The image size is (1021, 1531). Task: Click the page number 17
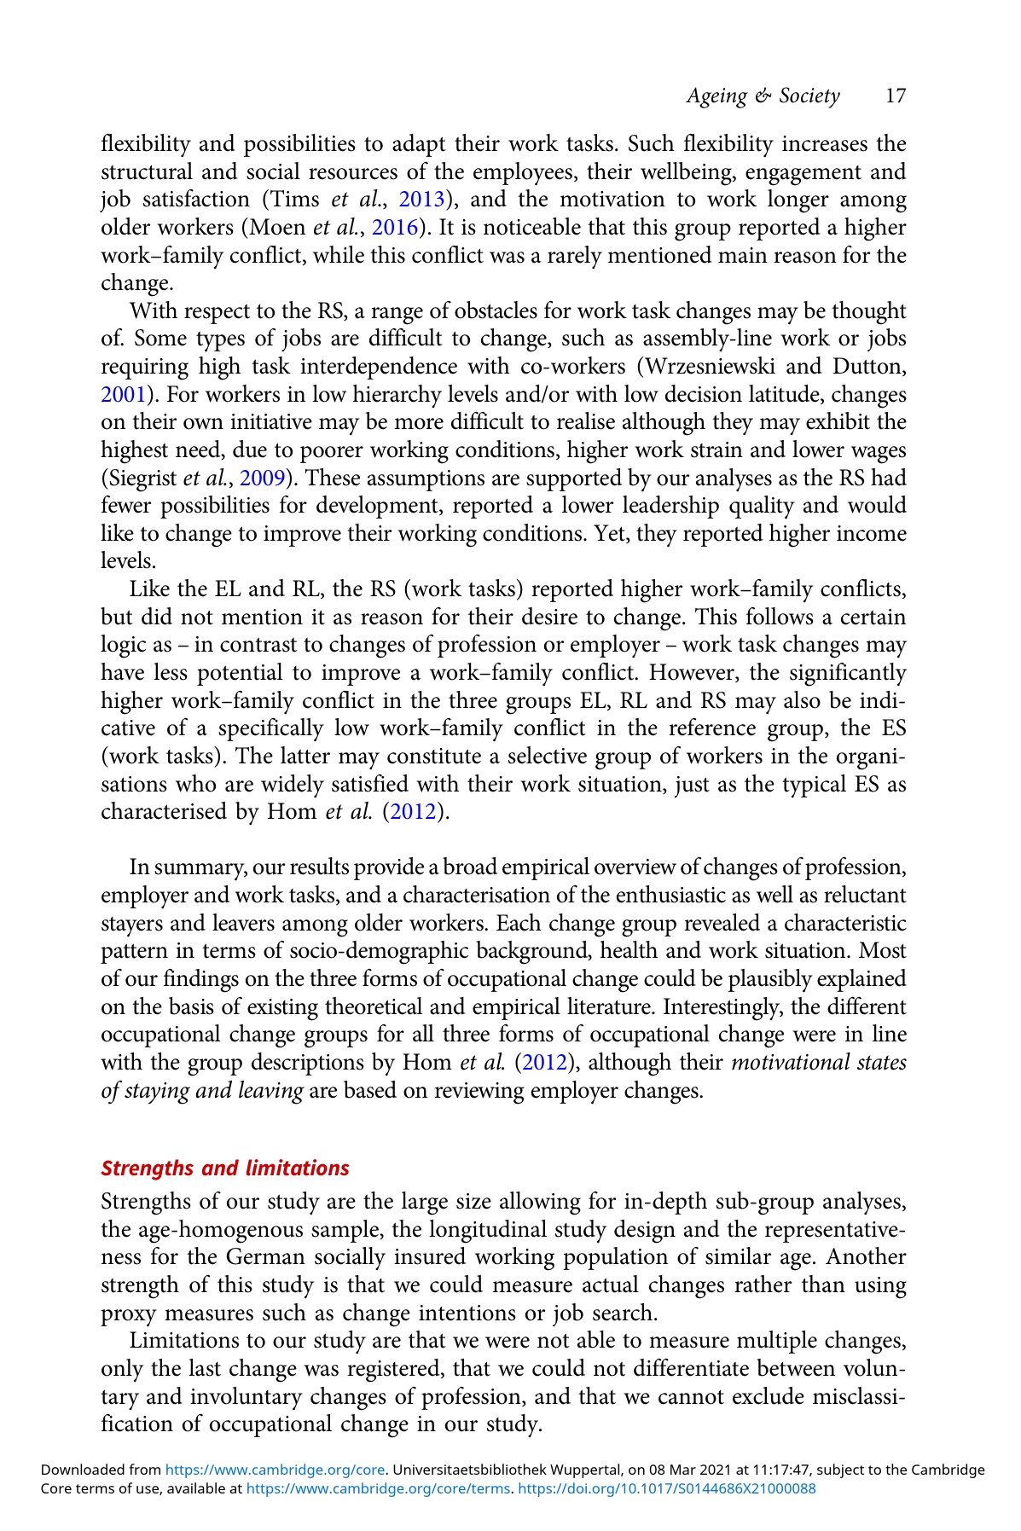(895, 96)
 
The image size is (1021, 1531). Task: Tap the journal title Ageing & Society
(763, 96)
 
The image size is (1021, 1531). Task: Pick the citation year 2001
(119, 395)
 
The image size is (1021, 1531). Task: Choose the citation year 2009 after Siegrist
(263, 478)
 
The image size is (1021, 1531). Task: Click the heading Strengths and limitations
(225, 1168)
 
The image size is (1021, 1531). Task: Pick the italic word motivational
(794, 1063)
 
